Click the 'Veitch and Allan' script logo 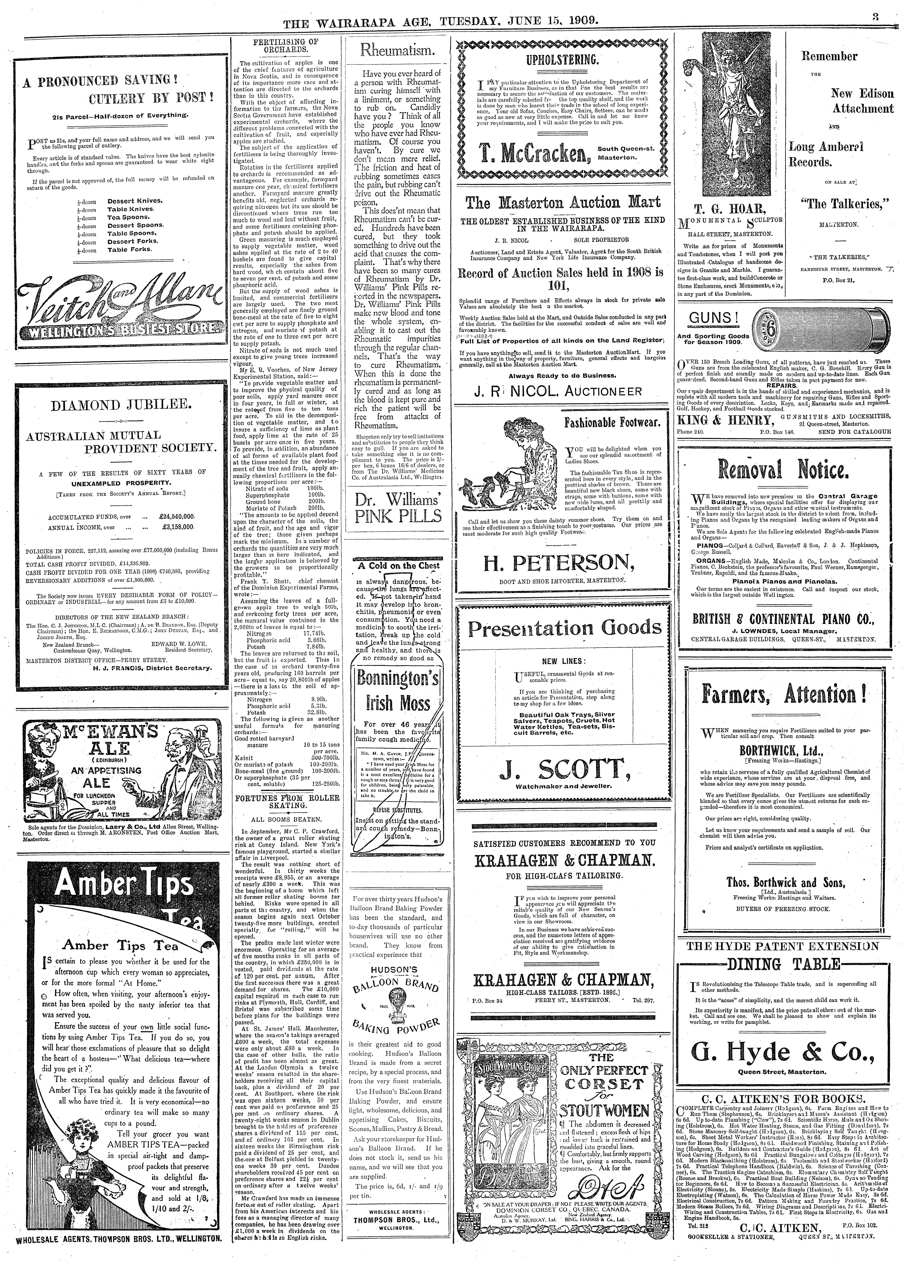[117, 312]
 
